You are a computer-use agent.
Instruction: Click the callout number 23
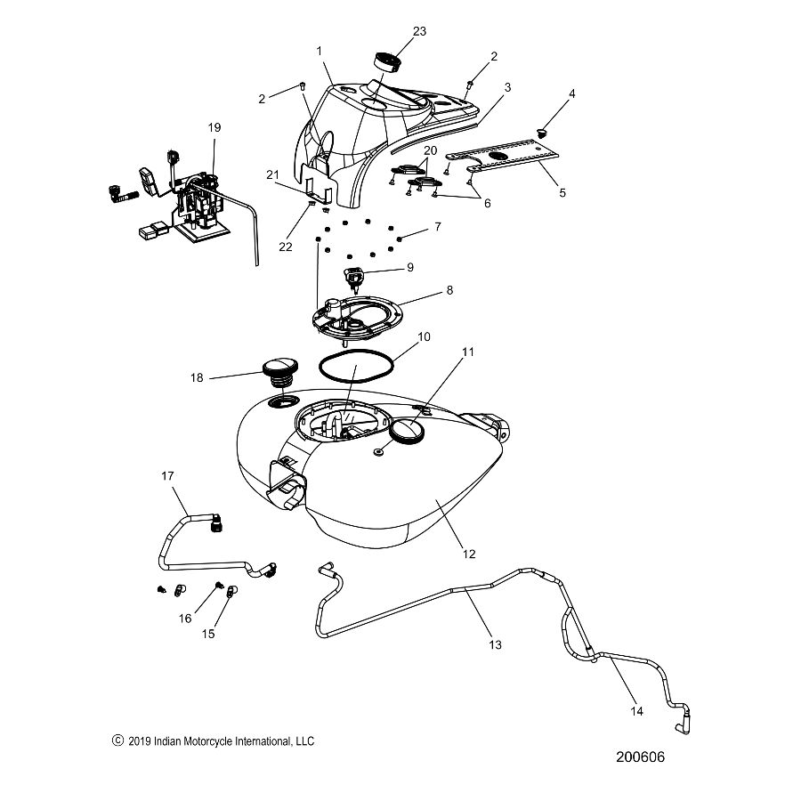[419, 31]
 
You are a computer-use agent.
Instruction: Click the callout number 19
[214, 128]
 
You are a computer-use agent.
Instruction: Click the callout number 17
[166, 476]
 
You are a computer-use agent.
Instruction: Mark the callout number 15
[210, 634]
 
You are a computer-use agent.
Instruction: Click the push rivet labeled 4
[538, 134]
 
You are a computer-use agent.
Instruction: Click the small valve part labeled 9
[355, 279]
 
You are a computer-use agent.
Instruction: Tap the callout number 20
[431, 150]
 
